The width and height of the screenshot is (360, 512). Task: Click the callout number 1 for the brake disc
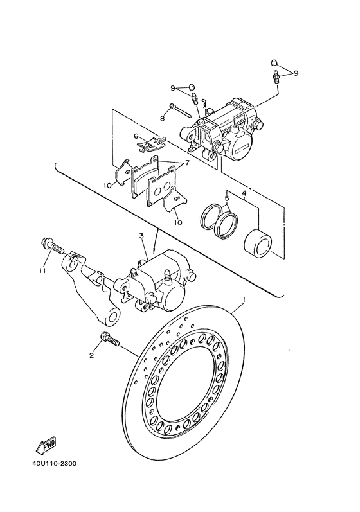tap(244, 300)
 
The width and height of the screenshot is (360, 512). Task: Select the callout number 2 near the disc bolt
tap(92, 355)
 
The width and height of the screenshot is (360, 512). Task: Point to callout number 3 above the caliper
tap(141, 236)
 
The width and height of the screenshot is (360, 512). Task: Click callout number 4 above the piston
tap(244, 194)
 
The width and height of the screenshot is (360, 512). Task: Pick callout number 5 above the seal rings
tap(227, 198)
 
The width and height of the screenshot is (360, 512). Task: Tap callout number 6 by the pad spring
tap(136, 136)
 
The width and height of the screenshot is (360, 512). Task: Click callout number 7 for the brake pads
tap(187, 163)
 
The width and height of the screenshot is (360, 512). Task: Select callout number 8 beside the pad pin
tap(163, 119)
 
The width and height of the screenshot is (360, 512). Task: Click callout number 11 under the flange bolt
tap(42, 270)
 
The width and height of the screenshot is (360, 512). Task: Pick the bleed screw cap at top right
tap(275, 63)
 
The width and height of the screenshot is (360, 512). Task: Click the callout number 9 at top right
tap(296, 73)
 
